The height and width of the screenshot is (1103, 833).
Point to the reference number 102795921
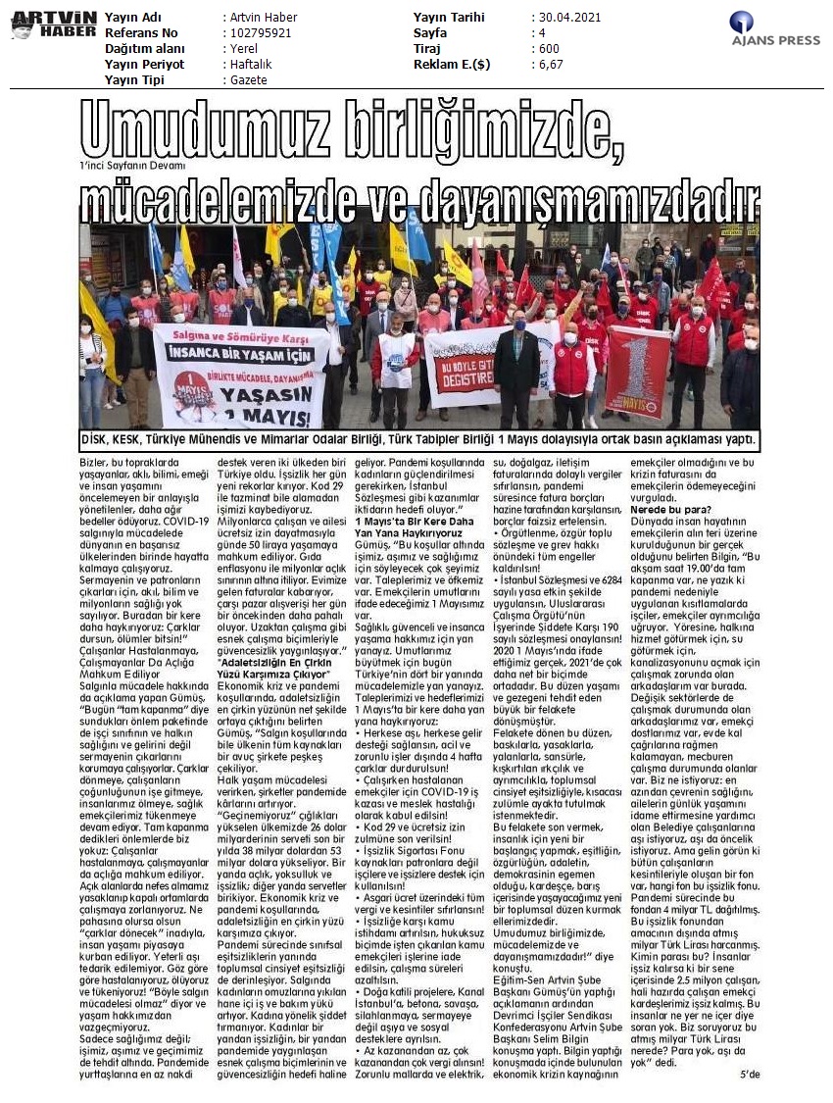coord(258,32)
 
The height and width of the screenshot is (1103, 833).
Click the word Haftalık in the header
coord(249,64)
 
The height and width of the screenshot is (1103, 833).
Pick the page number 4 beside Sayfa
coord(538,32)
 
